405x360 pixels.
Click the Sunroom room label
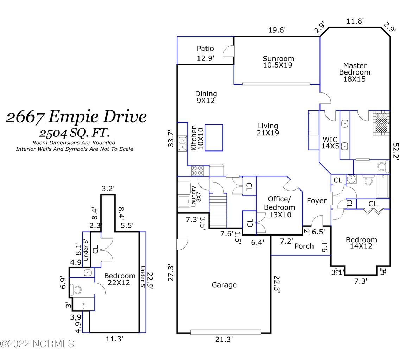point(278,62)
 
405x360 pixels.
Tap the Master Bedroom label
point(354,72)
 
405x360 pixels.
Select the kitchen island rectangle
point(214,137)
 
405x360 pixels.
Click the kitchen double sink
point(183,143)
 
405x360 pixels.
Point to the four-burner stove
point(198,171)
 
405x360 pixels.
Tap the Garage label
point(224,285)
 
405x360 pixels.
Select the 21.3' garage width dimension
point(224,339)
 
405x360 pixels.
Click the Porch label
point(304,246)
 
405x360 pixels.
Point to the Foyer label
point(316,201)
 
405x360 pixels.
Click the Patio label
point(205,49)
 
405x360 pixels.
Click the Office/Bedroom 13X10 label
point(279,207)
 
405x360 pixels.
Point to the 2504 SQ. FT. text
point(74,133)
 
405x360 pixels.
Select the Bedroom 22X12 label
point(120,279)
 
